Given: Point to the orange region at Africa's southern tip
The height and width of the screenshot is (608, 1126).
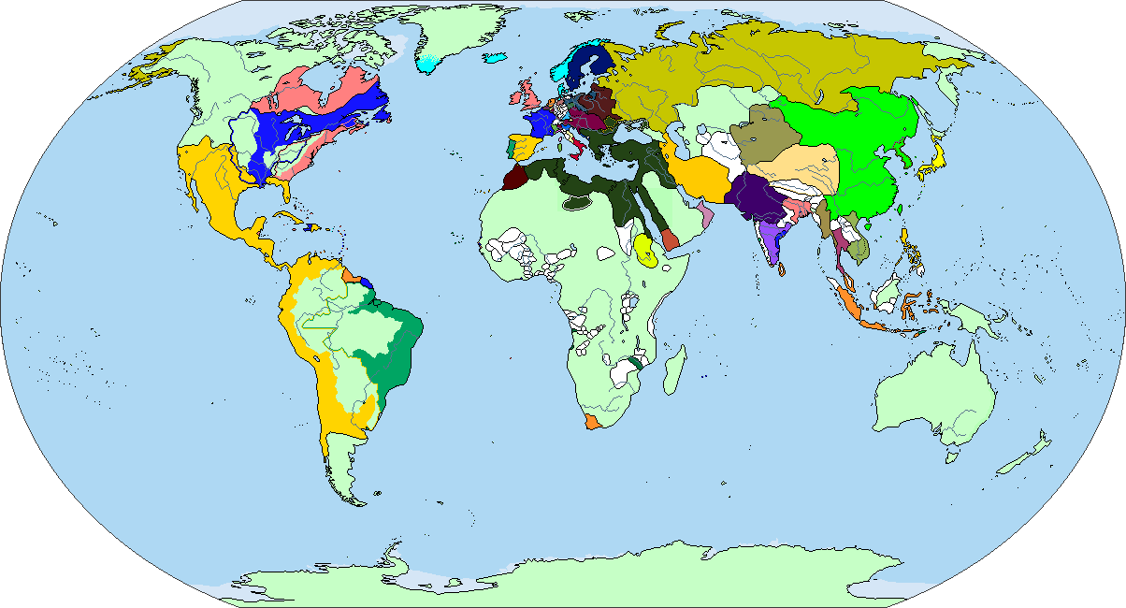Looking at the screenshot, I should click(x=591, y=423).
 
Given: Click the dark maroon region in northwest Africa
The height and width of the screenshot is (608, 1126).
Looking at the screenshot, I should click(x=515, y=179).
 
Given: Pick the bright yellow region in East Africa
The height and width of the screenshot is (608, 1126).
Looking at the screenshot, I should click(x=644, y=250).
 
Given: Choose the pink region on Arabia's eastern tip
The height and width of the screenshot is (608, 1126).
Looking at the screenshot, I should click(x=706, y=217).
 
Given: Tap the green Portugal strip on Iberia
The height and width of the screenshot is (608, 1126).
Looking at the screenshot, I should click(x=510, y=147).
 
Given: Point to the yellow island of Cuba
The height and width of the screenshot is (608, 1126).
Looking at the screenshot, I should click(x=294, y=218).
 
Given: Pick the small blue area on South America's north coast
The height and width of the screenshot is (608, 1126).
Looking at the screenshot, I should click(x=367, y=282).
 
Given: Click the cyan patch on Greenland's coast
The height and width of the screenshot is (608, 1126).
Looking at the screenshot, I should click(x=429, y=64).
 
